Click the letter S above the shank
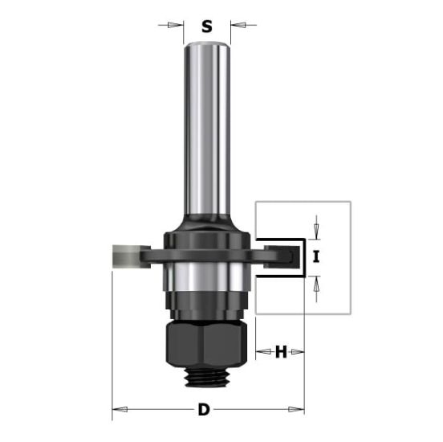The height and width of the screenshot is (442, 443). click(206, 26)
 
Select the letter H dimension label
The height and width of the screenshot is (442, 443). click(281, 351)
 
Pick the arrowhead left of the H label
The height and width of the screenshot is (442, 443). click(261, 351)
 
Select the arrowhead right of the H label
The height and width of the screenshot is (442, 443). click(299, 351)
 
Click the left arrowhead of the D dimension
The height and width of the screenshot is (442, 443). click(117, 411)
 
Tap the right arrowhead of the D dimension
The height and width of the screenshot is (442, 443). click(299, 411)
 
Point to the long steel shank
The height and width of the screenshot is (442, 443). click(206, 129)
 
